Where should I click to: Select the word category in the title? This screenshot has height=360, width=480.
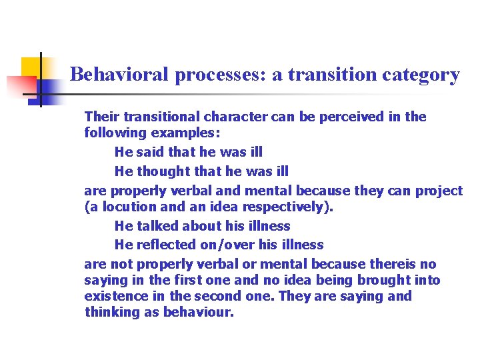point(421,75)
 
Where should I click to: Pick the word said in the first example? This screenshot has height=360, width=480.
point(151,152)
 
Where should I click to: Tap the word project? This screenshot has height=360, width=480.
point(439,191)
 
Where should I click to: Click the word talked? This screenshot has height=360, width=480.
point(157,226)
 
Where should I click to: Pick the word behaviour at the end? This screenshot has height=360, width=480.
point(199,312)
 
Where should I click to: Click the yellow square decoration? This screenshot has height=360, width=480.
point(32,67)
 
